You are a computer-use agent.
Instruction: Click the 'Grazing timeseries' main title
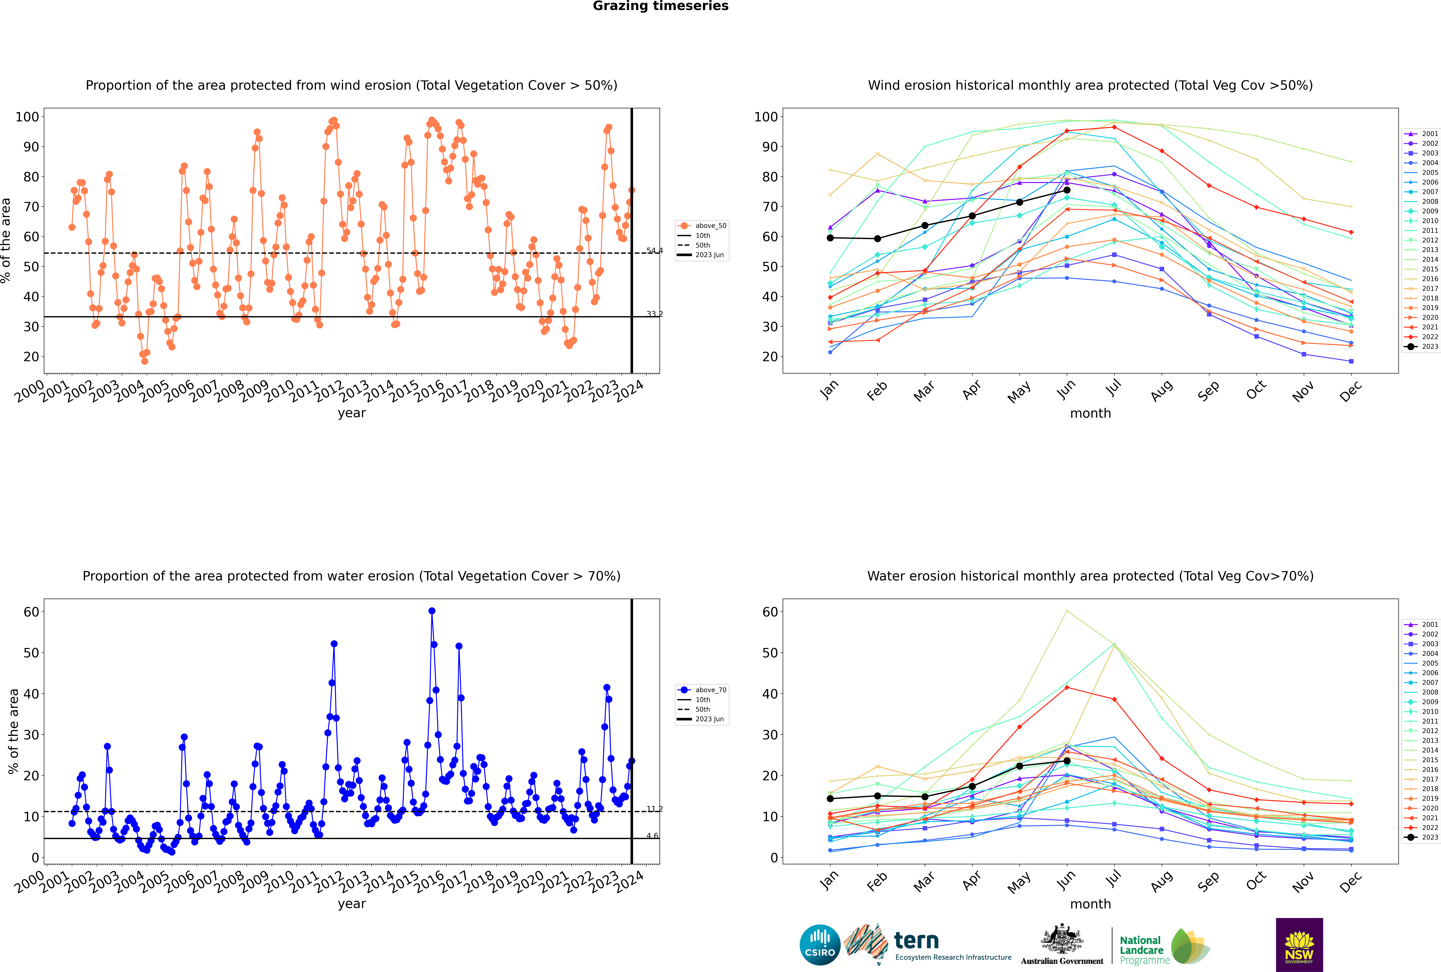click(660, 6)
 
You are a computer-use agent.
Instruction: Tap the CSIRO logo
click(820, 945)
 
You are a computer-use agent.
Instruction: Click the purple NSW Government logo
click(1299, 944)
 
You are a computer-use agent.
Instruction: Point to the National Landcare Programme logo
click(1165, 946)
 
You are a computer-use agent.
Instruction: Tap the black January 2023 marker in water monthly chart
click(830, 798)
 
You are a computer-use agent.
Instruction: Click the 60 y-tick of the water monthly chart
click(770, 612)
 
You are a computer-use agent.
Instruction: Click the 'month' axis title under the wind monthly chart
click(1090, 414)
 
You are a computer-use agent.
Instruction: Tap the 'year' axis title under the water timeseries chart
click(352, 904)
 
